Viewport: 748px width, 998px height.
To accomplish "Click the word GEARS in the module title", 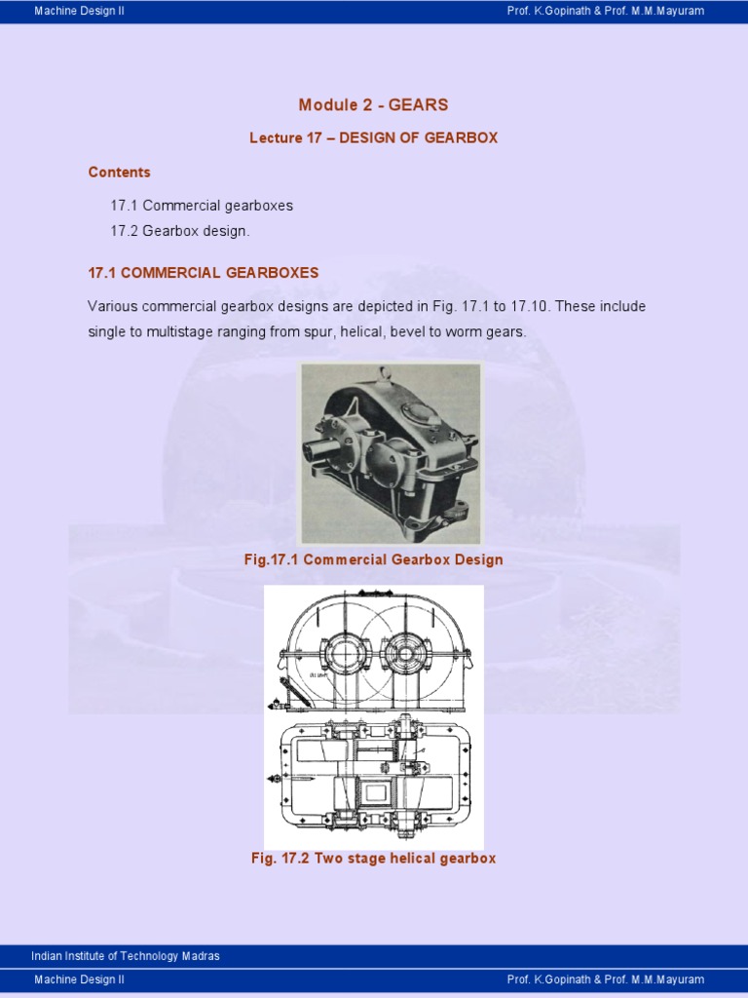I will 418,105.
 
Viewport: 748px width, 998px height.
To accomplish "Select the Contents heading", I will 119,173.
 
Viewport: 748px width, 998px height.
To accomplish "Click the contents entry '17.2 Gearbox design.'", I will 180,232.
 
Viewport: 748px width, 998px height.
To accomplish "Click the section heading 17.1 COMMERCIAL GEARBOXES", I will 203,273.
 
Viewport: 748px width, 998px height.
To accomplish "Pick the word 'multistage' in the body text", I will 181,332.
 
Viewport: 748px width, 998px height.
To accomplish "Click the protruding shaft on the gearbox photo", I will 320,450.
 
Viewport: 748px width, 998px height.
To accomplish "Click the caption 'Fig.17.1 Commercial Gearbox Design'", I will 374,560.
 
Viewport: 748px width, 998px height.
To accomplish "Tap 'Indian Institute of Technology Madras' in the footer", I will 126,956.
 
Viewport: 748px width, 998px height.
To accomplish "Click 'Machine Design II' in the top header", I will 79,11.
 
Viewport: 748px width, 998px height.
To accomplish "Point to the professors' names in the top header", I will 605,11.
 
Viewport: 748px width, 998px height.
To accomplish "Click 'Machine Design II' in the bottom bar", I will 79,979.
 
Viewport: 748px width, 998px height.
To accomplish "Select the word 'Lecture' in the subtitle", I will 277,138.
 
